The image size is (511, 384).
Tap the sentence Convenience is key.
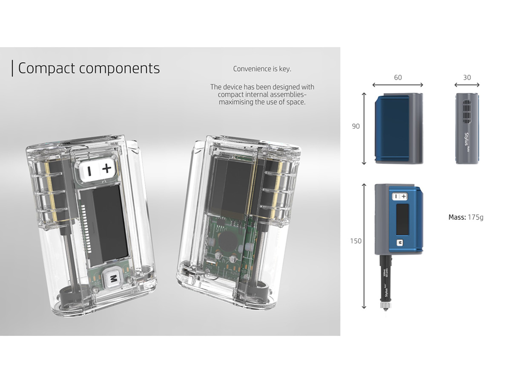[262, 69]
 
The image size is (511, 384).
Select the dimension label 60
[398, 78]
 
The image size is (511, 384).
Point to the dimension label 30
[467, 78]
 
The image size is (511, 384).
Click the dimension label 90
[356, 126]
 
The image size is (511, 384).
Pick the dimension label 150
[356, 241]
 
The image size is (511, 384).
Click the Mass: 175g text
[466, 217]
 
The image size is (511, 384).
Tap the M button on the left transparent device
[113, 279]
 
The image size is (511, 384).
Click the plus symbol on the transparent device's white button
[107, 169]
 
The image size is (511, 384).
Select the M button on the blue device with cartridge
[400, 243]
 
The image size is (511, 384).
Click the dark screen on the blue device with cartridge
[402, 219]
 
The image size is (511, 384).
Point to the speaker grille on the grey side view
[467, 111]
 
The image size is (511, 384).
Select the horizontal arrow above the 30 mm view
[467, 85]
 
